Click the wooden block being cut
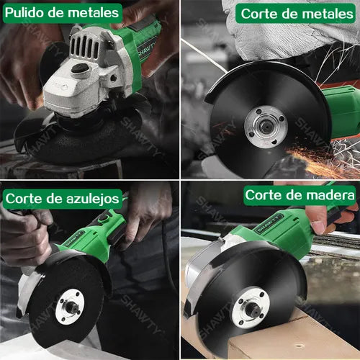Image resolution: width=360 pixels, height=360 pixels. click(x=302, y=338)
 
